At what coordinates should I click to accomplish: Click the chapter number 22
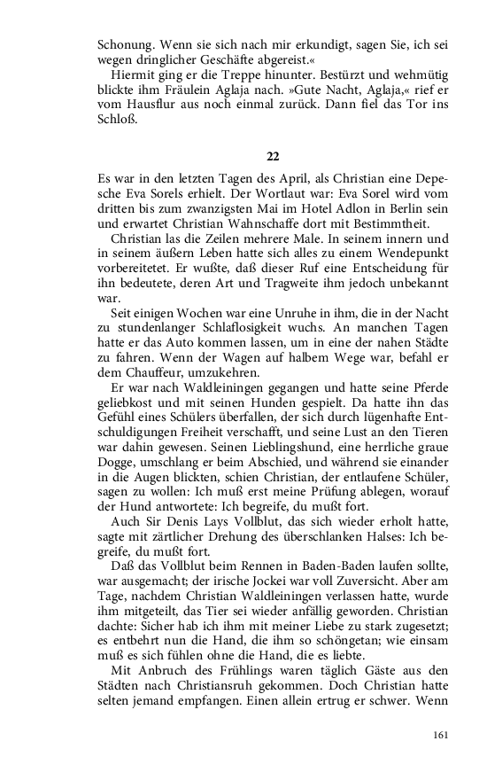(272, 156)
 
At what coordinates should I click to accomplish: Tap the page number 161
(443, 734)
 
